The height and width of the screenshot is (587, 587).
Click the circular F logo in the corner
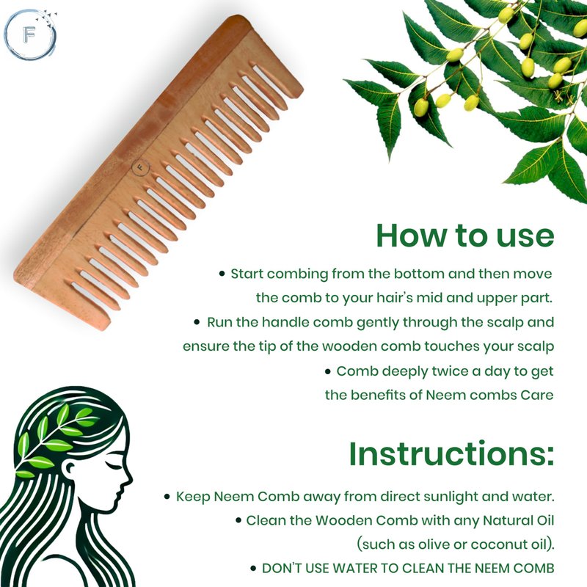coord(30,34)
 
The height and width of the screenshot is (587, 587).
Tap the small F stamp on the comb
coord(141,168)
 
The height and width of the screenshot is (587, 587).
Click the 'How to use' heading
coord(465,236)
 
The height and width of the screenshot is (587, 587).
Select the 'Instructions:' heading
coord(451,453)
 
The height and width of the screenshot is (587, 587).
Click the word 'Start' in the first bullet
coord(247,274)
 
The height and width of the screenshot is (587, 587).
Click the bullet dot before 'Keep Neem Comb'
coord(167,497)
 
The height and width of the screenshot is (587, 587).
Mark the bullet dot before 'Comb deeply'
coord(328,372)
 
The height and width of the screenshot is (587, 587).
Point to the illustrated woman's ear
coord(70,468)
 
